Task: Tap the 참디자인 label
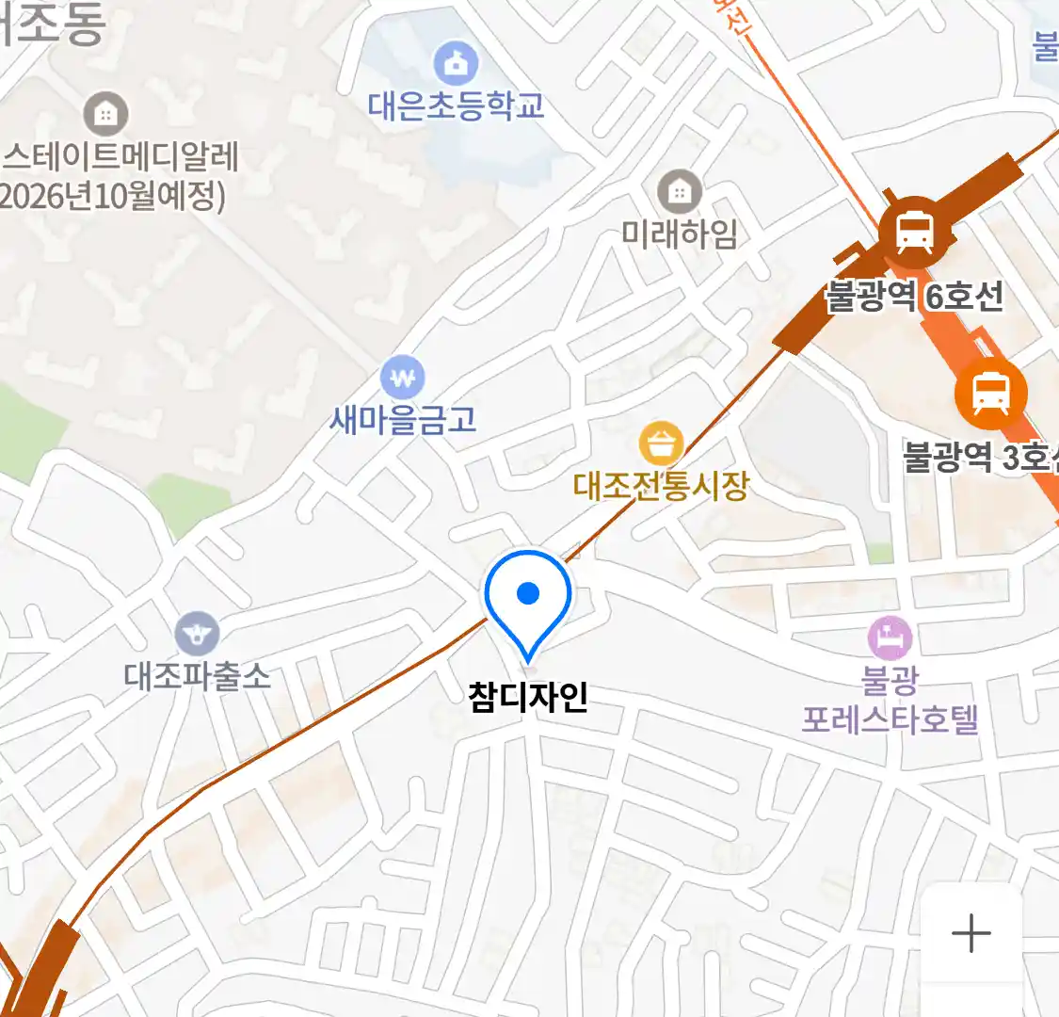tap(528, 698)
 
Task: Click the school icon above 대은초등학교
tap(456, 64)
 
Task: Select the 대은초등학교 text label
tap(457, 105)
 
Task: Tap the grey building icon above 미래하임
tap(679, 193)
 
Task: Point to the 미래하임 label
tap(679, 234)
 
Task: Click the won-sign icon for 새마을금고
tap(403, 379)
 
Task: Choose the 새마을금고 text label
tap(403, 419)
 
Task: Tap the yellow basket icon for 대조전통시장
tap(661, 444)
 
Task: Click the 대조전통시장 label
tap(661, 486)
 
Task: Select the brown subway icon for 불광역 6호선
tap(913, 228)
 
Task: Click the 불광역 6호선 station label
tap(914, 298)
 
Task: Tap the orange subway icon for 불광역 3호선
tap(990, 393)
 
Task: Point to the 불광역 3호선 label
tap(980, 458)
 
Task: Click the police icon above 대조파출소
tap(197, 634)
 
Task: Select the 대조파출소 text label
tap(197, 676)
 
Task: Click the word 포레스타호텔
tap(890, 720)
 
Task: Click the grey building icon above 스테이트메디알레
tap(105, 115)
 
